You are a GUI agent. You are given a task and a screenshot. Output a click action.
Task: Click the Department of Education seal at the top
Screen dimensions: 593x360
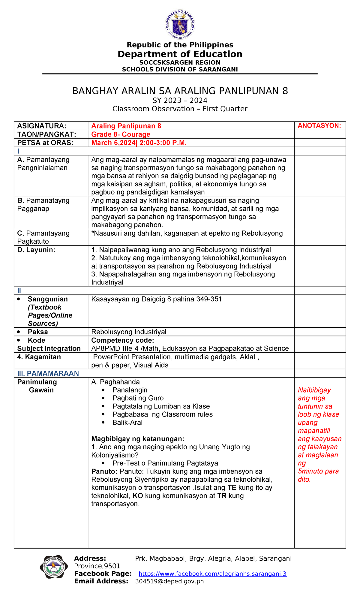180,24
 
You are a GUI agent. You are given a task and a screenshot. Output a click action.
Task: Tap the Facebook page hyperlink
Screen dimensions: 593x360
212,574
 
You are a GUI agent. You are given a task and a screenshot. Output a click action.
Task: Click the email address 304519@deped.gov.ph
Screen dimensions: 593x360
169,581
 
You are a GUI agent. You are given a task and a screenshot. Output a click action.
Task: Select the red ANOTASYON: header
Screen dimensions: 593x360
319,125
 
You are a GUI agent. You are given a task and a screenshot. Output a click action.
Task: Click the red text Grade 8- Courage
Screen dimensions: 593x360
121,134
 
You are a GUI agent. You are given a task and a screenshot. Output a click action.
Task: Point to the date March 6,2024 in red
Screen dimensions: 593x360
113,143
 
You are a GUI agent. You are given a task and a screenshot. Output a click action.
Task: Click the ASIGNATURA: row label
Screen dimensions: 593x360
41,126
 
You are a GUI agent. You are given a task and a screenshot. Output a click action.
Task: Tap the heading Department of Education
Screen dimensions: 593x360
180,54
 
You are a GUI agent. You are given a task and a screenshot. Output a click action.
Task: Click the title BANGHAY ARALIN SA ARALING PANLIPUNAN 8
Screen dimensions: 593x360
180,91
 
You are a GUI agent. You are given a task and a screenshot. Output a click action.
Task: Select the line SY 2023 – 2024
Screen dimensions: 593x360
180,100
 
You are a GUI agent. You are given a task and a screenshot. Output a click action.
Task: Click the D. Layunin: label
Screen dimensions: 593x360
36,250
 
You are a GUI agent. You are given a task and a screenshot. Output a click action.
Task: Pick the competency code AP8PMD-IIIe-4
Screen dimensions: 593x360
113,348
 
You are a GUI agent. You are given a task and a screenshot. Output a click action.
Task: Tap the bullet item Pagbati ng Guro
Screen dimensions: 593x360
138,398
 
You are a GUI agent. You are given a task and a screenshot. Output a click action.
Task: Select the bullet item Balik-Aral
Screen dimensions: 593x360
127,422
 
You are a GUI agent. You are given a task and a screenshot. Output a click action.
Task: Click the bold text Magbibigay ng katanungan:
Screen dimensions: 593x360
138,439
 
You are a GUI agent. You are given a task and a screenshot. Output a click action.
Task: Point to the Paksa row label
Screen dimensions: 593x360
38,332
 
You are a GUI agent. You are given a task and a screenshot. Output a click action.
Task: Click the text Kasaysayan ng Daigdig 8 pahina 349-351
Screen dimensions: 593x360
156,299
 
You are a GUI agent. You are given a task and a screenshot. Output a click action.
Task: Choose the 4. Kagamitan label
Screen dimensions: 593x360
39,357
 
